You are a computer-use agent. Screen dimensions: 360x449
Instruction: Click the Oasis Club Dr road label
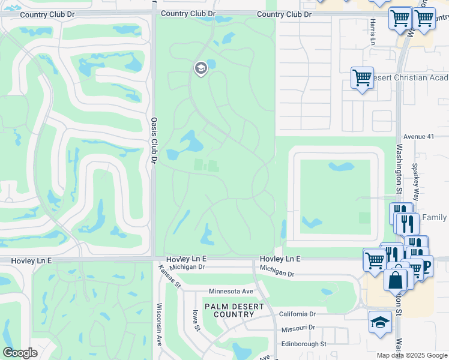[154, 140]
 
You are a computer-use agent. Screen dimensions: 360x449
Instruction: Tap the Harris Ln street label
[372, 32]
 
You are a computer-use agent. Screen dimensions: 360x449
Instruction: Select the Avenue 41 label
[418, 136]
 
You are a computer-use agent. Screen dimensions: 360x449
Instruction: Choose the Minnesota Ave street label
[232, 292]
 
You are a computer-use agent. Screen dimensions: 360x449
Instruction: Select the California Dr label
[297, 314]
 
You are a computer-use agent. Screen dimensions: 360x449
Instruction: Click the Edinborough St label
[304, 344]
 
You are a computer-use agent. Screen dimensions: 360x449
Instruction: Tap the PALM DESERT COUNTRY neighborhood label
[234, 310]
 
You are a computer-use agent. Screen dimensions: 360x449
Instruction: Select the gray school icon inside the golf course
[200, 68]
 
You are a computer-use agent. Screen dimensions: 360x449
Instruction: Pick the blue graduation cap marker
[380, 322]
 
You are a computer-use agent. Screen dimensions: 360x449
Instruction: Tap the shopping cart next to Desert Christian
[362, 77]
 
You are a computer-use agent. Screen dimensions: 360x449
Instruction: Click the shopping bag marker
[395, 279]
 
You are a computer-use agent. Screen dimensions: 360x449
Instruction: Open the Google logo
[20, 353]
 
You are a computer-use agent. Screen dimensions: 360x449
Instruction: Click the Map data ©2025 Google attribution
[412, 355]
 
